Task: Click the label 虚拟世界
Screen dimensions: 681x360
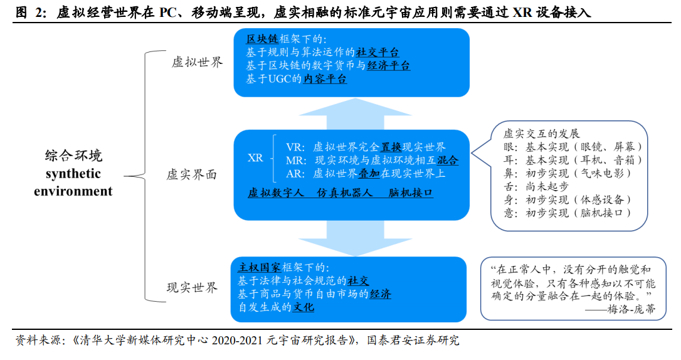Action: tap(197, 62)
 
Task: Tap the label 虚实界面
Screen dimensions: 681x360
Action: tap(191, 174)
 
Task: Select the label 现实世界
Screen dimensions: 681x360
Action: tap(192, 287)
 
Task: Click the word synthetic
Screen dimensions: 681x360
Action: tap(73, 174)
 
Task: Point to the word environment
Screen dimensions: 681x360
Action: tap(73, 191)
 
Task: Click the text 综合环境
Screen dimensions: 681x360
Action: tap(73, 156)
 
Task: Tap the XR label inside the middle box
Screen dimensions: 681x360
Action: tap(255, 157)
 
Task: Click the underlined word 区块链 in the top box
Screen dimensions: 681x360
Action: tap(262, 39)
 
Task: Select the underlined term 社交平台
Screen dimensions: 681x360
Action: tap(377, 53)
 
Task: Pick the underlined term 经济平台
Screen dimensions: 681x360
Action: tap(389, 66)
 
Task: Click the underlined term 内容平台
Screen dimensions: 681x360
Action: tap(325, 78)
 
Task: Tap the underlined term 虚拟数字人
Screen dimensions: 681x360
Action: tap(276, 193)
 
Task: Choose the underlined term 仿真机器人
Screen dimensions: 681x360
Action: tap(345, 193)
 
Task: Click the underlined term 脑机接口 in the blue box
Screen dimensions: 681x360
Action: tap(411, 193)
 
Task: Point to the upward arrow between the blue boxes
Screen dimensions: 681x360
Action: tap(356, 114)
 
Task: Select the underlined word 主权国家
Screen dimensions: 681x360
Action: tap(260, 268)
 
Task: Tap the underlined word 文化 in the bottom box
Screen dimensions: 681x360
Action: tap(303, 307)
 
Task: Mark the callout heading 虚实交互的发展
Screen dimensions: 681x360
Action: tap(541, 134)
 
